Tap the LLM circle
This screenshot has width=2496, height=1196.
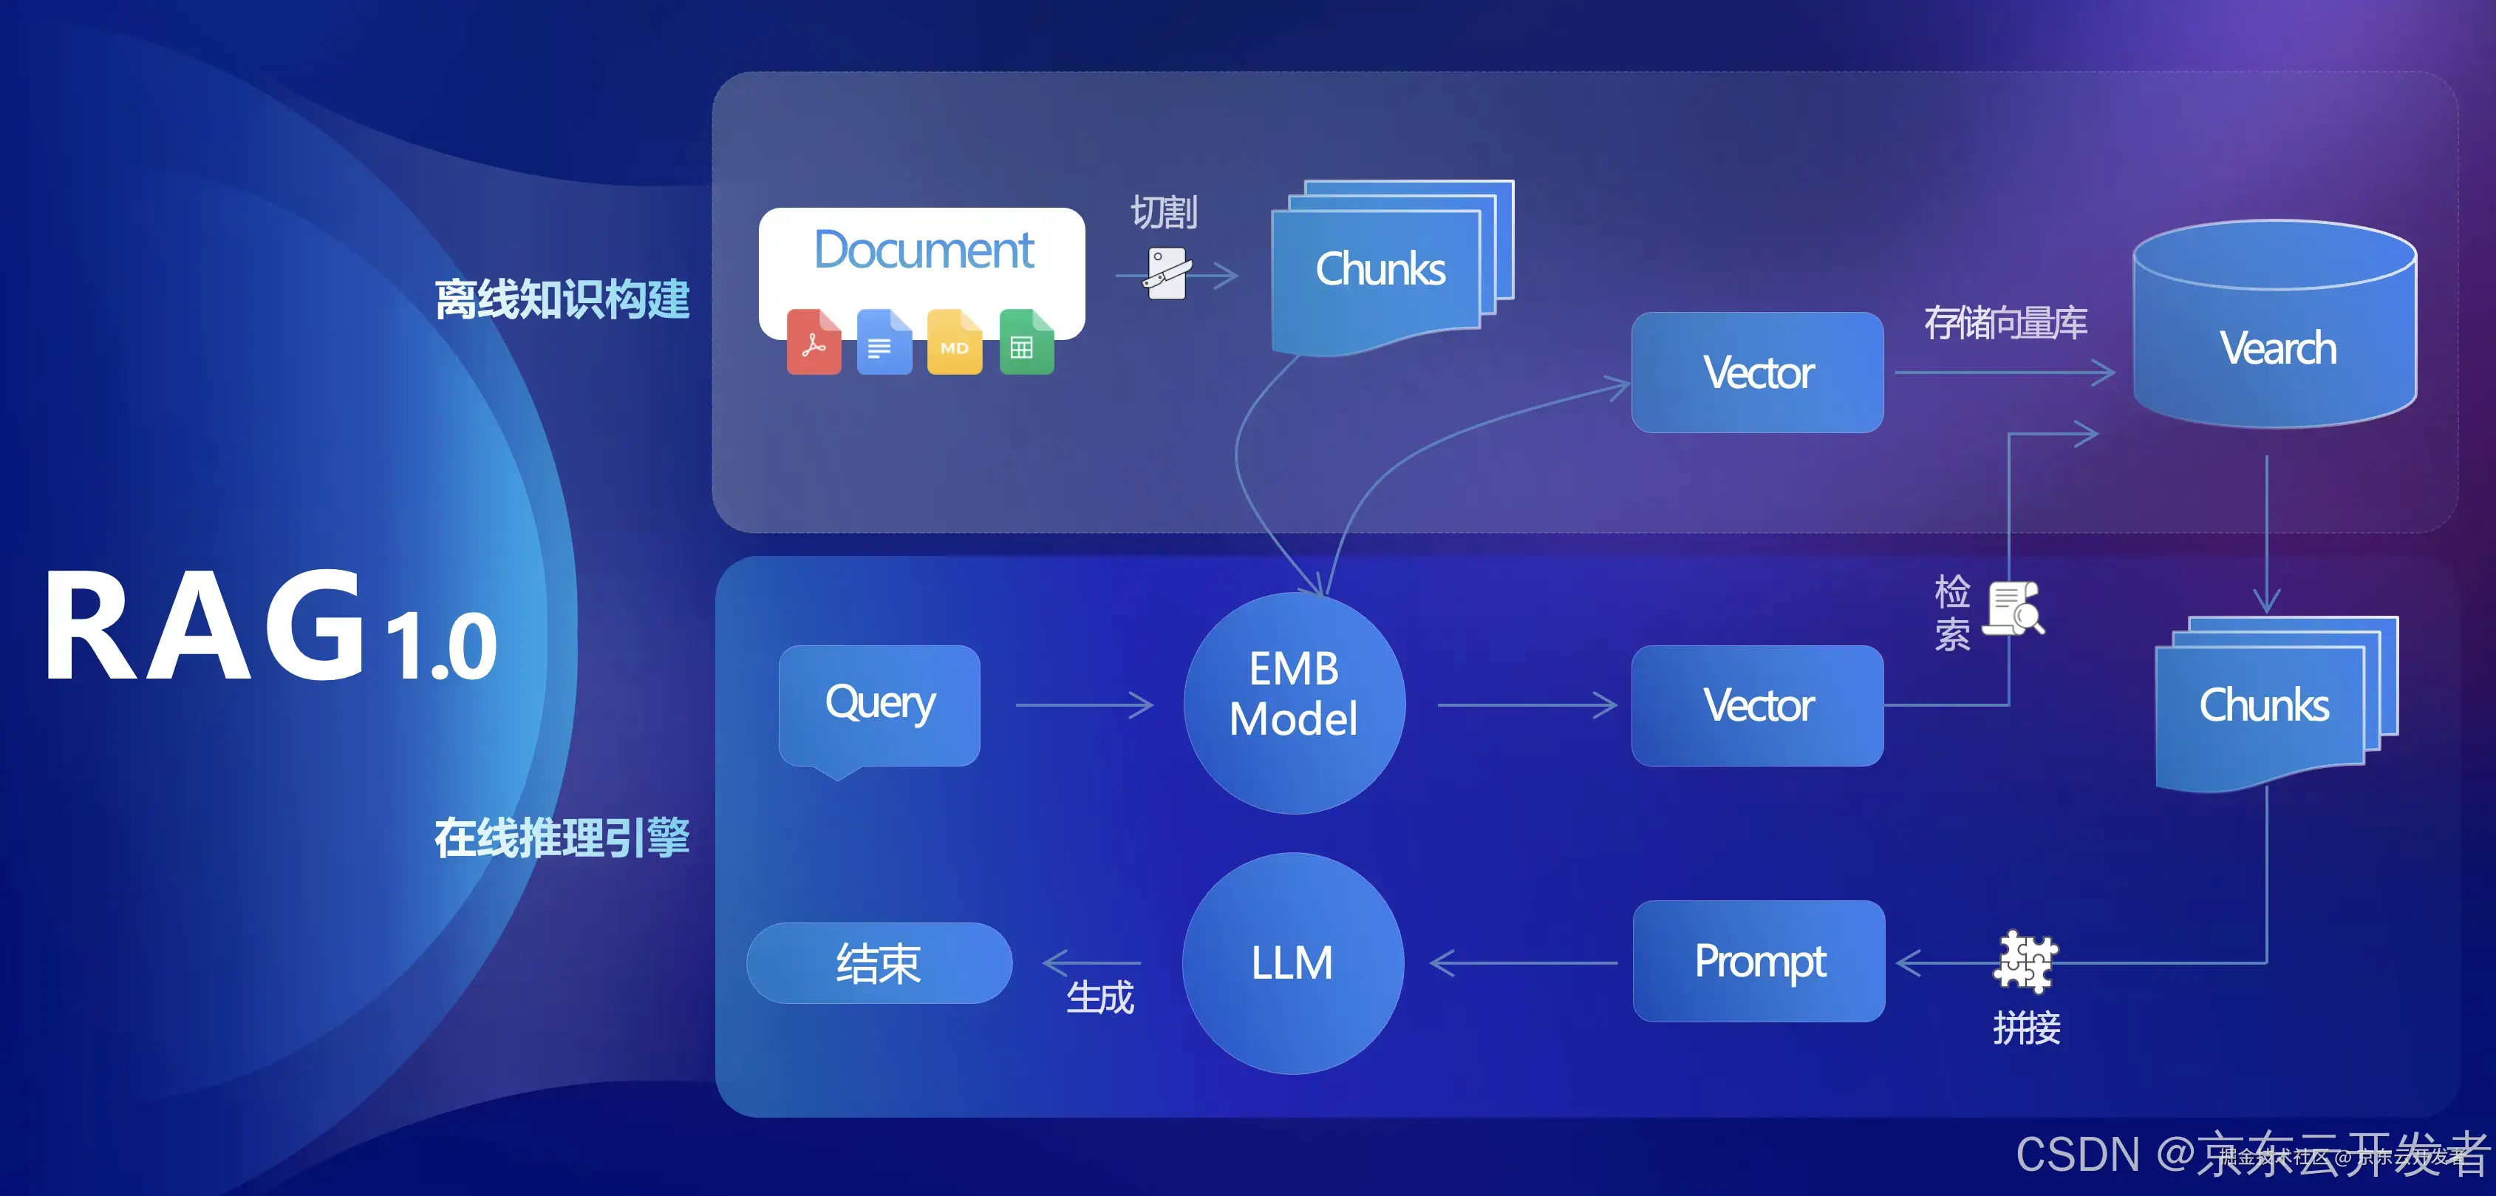click(1292, 962)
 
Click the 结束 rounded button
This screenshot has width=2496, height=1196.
click(879, 962)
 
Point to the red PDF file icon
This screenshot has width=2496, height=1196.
click(813, 342)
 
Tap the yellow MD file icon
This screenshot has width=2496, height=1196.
click(953, 342)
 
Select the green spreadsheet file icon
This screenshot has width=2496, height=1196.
click(1025, 342)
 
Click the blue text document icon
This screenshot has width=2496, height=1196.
click(883, 342)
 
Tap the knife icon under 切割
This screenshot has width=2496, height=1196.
click(1167, 274)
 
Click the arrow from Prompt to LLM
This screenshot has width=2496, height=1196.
click(1523, 962)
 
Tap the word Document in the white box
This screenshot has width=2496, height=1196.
click(924, 251)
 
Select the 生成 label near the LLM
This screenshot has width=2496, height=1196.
click(1099, 997)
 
